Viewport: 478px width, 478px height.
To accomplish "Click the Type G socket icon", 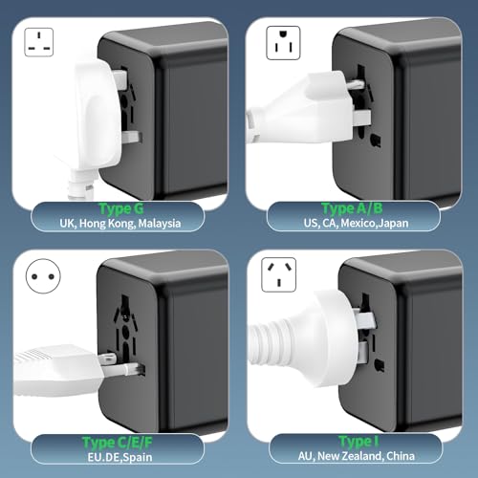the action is (39, 42).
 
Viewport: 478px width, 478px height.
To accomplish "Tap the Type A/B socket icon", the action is (283, 43).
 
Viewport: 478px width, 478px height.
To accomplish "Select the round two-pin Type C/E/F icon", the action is (43, 276).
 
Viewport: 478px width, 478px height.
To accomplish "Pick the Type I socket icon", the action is (279, 275).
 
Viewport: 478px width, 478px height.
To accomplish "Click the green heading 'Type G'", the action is (121, 209).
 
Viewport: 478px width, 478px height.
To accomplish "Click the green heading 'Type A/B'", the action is (352, 208).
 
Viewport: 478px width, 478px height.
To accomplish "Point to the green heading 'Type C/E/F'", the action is (118, 443).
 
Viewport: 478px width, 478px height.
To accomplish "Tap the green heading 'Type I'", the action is (358, 442).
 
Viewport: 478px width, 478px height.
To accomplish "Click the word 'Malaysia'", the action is (160, 224).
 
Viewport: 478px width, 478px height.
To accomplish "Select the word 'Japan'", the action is (394, 223).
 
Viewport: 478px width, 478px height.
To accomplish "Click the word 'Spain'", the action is (138, 457).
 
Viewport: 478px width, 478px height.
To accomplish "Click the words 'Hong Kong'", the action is (107, 224).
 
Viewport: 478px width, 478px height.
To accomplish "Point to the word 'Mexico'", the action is (358, 223).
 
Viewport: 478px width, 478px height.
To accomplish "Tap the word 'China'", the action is (401, 456).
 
